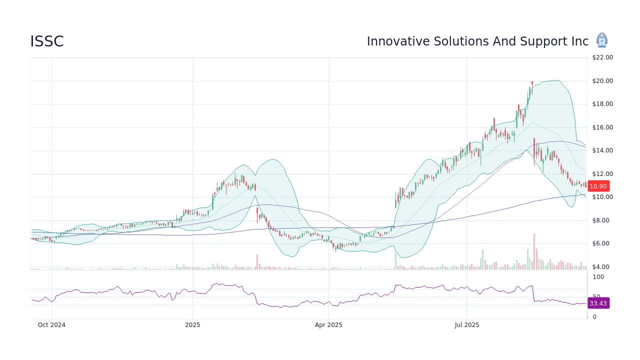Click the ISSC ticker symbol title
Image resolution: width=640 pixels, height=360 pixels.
[x=47, y=42]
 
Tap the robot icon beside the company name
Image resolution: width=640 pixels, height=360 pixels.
[x=601, y=40]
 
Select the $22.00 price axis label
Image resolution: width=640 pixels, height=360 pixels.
[x=602, y=57]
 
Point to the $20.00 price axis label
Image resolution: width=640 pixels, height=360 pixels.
[x=602, y=81]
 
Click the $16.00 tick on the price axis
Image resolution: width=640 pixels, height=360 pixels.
[x=602, y=127]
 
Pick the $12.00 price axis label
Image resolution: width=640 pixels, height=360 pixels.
[x=602, y=174]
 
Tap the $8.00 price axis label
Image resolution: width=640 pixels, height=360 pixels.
[x=602, y=220]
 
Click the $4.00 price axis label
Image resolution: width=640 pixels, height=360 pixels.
[x=602, y=267]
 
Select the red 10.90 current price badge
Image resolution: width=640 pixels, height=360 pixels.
[x=598, y=186]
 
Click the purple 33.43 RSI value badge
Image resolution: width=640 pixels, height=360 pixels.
[x=598, y=303]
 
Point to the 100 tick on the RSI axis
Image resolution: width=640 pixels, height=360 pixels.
[x=598, y=277]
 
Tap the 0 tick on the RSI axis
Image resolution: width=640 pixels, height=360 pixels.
[x=594, y=317]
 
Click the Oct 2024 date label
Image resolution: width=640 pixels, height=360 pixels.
[x=51, y=325]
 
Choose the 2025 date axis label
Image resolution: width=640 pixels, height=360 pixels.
[x=192, y=325]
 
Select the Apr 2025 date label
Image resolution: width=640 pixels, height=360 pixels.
[x=328, y=325]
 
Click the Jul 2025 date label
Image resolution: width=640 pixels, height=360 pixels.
[x=467, y=325]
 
